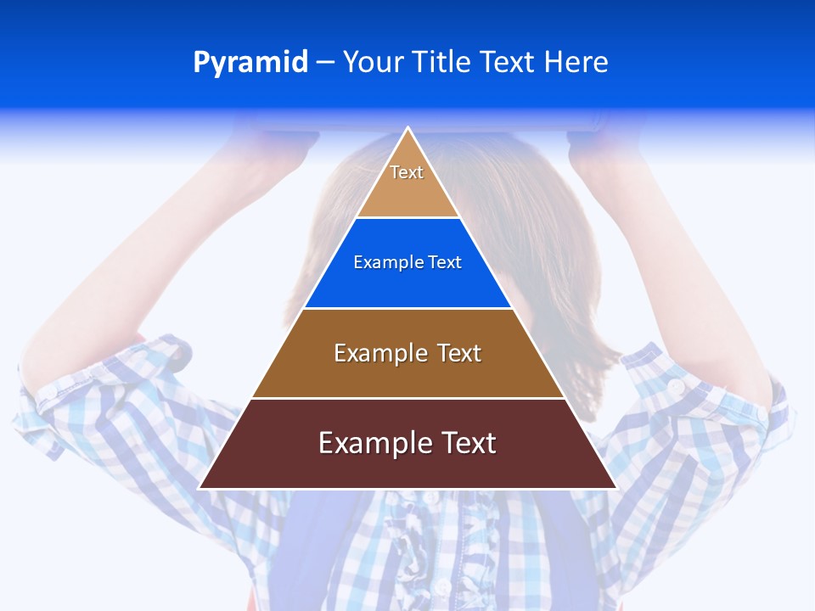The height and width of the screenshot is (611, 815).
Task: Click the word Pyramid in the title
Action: pos(250,63)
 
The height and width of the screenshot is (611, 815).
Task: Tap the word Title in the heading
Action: pos(441,63)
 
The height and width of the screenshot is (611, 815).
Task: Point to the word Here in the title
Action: pos(576,63)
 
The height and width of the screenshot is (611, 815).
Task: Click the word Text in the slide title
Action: pos(508,63)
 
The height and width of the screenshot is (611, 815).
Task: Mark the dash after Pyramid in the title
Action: pos(325,63)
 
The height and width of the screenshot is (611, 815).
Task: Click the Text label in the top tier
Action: pos(407,172)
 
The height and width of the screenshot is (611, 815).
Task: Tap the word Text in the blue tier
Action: pos(445,263)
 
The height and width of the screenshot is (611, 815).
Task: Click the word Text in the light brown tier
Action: pos(459,353)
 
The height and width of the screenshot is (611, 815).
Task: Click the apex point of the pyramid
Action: pos(407,128)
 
